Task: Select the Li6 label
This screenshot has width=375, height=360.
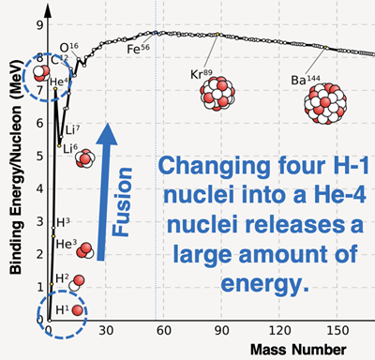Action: click(x=67, y=147)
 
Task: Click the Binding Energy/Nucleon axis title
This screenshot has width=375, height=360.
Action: click(x=16, y=169)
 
